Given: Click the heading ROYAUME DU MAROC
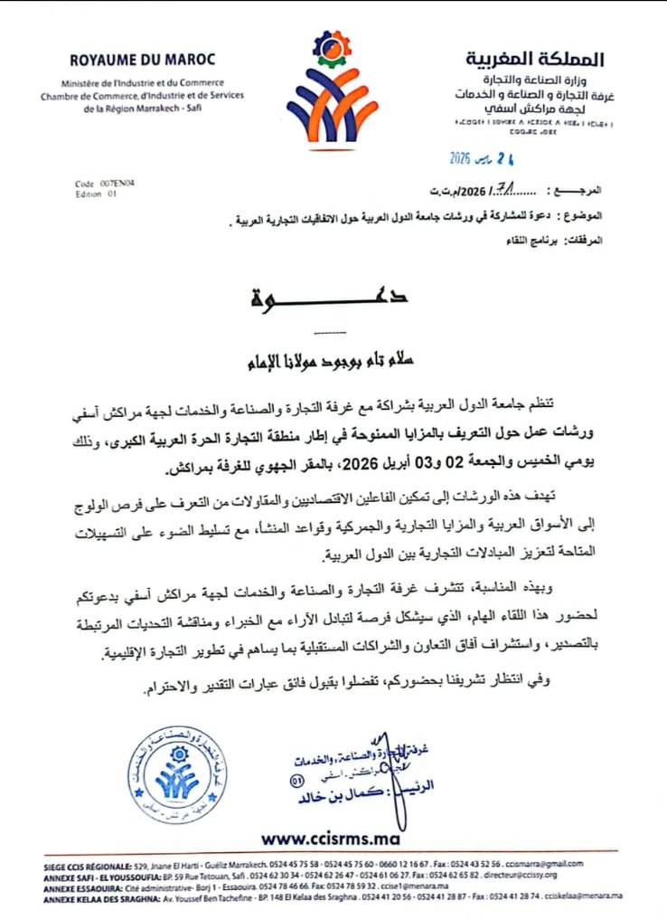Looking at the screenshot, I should pyautogui.click(x=143, y=60).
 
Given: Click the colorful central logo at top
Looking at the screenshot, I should pyautogui.click(x=332, y=90).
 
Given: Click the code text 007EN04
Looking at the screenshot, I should pyautogui.click(x=106, y=183).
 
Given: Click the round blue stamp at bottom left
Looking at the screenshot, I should pyautogui.click(x=171, y=773).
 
